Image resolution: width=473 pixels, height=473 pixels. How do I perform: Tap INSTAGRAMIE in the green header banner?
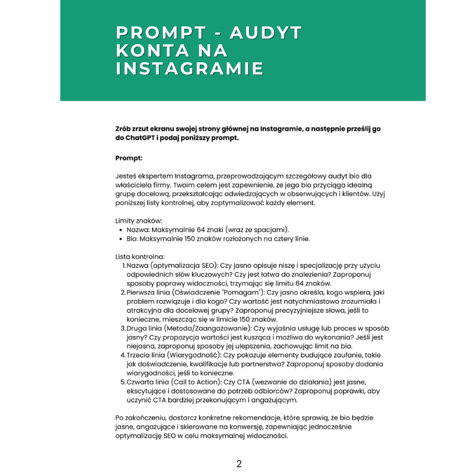pos(189,69)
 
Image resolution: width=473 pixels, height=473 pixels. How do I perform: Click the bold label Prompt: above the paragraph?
pos(129,158)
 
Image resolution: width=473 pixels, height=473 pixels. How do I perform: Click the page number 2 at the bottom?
pos(239,464)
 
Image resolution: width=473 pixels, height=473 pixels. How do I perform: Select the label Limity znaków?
pos(139,220)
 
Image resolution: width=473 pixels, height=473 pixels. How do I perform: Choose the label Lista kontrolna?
pos(140,257)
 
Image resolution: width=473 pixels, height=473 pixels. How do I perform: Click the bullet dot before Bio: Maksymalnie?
pos(121,239)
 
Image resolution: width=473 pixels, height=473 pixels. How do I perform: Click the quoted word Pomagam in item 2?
pos(241,292)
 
